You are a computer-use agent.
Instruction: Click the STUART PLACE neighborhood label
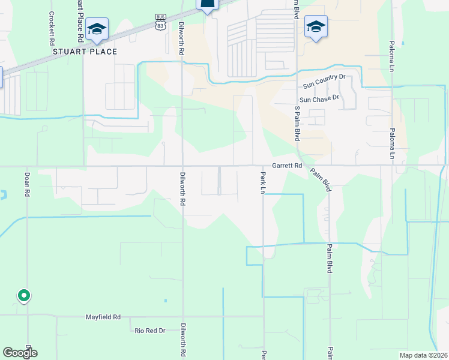coord(85,52)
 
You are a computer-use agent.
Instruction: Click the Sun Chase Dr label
coord(319,98)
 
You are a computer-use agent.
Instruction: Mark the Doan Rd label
coord(27,185)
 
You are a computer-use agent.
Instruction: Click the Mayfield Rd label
coord(103,317)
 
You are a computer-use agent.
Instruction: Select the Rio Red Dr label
coord(149,330)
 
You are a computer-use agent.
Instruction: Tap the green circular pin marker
coord(23,295)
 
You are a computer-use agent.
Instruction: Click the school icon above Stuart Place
coord(97,28)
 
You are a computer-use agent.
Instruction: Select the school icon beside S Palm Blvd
coord(316,26)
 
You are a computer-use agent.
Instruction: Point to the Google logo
coord(19,353)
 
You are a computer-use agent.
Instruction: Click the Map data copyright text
coord(423,355)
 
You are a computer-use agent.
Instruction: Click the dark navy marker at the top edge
coord(207,5)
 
